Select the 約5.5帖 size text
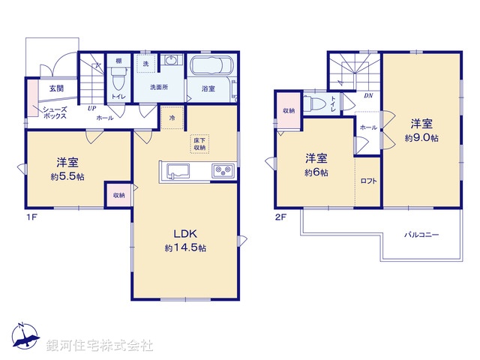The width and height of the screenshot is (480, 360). point(66,176)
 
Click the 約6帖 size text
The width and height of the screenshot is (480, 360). point(316,172)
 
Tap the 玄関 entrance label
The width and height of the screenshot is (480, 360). point(57,88)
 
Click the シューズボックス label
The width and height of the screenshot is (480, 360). point(55,113)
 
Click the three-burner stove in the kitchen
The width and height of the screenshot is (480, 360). point(223,169)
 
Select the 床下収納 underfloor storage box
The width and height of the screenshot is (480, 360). point(199,144)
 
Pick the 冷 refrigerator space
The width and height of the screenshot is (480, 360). point(172,118)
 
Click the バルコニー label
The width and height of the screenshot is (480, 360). point(422,235)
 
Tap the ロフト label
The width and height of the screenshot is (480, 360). point(368,181)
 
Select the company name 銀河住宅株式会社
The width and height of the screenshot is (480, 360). point(100,346)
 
